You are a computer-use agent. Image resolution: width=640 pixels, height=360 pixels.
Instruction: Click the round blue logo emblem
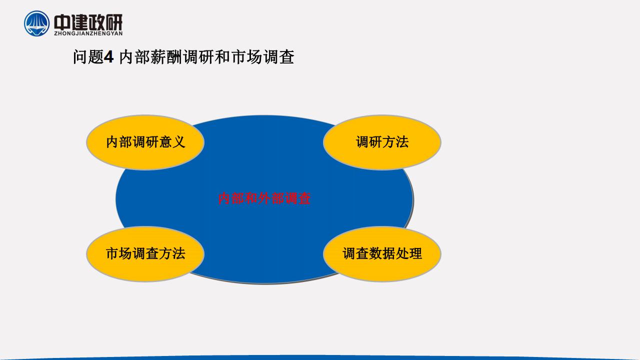click(36, 23)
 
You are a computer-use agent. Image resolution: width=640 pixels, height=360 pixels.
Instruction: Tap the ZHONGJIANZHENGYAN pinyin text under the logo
click(88, 33)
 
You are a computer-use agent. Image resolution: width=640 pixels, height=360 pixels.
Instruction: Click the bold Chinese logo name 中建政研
click(88, 22)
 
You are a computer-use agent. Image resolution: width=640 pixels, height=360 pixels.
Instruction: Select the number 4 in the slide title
click(108, 57)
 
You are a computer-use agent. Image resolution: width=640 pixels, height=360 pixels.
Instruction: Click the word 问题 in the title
click(88, 57)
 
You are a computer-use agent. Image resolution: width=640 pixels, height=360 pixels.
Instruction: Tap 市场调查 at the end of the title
click(262, 57)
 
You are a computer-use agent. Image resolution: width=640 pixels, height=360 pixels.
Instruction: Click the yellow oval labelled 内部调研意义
click(145, 142)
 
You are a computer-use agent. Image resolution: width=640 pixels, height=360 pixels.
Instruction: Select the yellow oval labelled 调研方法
click(382, 142)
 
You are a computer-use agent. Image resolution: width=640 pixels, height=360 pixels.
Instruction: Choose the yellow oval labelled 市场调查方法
click(145, 253)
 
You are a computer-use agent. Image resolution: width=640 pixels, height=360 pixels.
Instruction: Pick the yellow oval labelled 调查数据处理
click(382, 253)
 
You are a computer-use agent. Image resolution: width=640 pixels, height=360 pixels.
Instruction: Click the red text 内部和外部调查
click(264, 198)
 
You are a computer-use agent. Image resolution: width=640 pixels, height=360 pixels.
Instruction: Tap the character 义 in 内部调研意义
click(178, 142)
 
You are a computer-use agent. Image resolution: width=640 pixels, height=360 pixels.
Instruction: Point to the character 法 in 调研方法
click(402, 142)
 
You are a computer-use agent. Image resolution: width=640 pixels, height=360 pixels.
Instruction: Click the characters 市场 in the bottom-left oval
click(118, 253)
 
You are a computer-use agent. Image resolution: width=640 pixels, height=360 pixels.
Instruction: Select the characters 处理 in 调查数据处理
click(409, 253)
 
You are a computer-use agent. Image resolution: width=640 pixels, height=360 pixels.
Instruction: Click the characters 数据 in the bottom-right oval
click(382, 253)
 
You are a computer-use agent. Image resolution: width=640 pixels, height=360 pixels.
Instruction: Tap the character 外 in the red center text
click(264, 198)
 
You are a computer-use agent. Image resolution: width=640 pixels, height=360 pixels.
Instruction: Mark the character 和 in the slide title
click(222, 57)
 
